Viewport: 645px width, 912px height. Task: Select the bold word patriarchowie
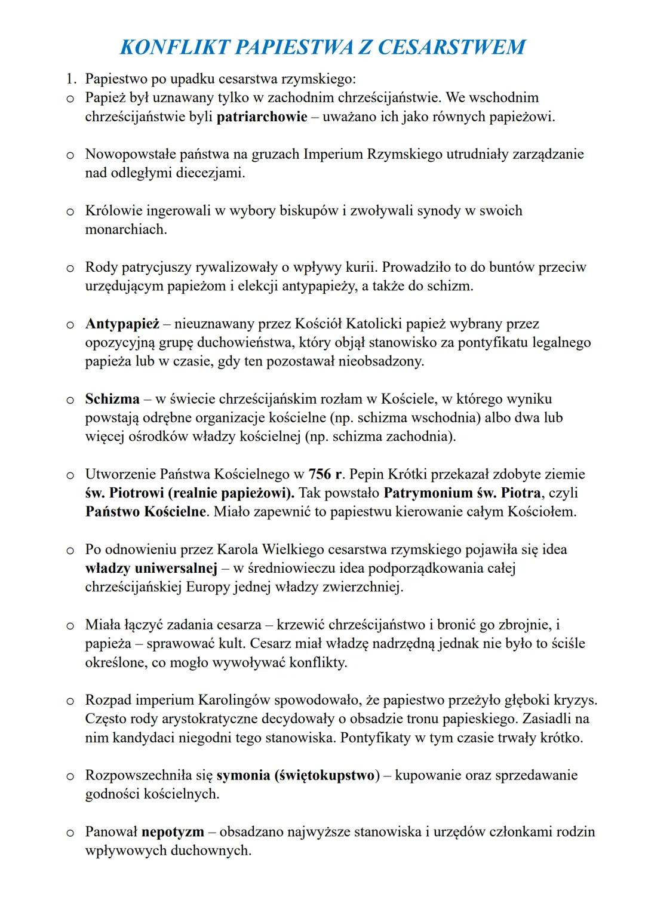(x=262, y=116)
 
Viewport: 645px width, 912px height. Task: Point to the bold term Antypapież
(x=122, y=324)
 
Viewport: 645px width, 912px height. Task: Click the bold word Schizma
(x=112, y=399)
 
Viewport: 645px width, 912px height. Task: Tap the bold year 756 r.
(x=325, y=474)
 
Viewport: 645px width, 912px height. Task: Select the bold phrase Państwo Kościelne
(x=145, y=512)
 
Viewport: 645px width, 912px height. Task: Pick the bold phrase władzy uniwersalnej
(x=150, y=568)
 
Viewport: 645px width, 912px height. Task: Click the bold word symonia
(x=243, y=775)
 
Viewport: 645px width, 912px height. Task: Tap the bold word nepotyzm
(x=173, y=831)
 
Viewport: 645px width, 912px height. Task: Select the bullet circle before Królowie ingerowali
(x=70, y=211)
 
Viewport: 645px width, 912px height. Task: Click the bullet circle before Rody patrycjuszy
(x=70, y=268)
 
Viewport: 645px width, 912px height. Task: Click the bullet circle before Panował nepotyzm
(x=70, y=832)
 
